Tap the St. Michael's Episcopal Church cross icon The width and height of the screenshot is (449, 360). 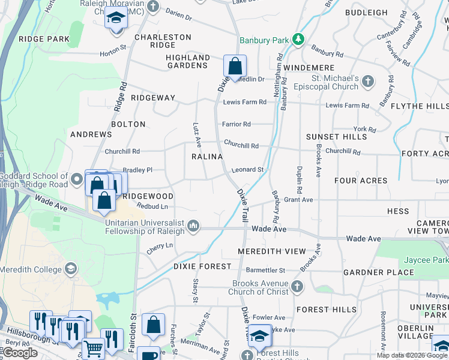coord(368,81)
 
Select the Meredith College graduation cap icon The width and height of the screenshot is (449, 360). coord(71,268)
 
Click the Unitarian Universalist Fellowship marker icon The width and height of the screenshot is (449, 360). coord(193,226)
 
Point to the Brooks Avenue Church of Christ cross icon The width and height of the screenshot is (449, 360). coord(297,287)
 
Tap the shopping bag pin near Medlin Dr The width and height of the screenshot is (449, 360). coord(235,66)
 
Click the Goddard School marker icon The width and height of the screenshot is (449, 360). coord(77,179)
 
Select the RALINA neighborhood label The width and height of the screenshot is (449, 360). coord(207,157)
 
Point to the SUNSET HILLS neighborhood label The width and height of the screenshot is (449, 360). coord(336,137)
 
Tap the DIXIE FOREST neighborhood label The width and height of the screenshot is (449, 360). coord(202,266)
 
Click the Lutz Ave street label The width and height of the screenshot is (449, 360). coord(196,134)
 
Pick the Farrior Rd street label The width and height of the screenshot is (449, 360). coord(237,124)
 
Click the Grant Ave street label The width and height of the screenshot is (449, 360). coord(298,200)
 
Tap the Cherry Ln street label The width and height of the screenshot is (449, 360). coord(160,245)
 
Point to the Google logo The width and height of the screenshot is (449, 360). coord(20,353)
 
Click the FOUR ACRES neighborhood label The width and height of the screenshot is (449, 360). coord(361,181)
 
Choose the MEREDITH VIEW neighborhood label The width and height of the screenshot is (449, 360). coord(271,251)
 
